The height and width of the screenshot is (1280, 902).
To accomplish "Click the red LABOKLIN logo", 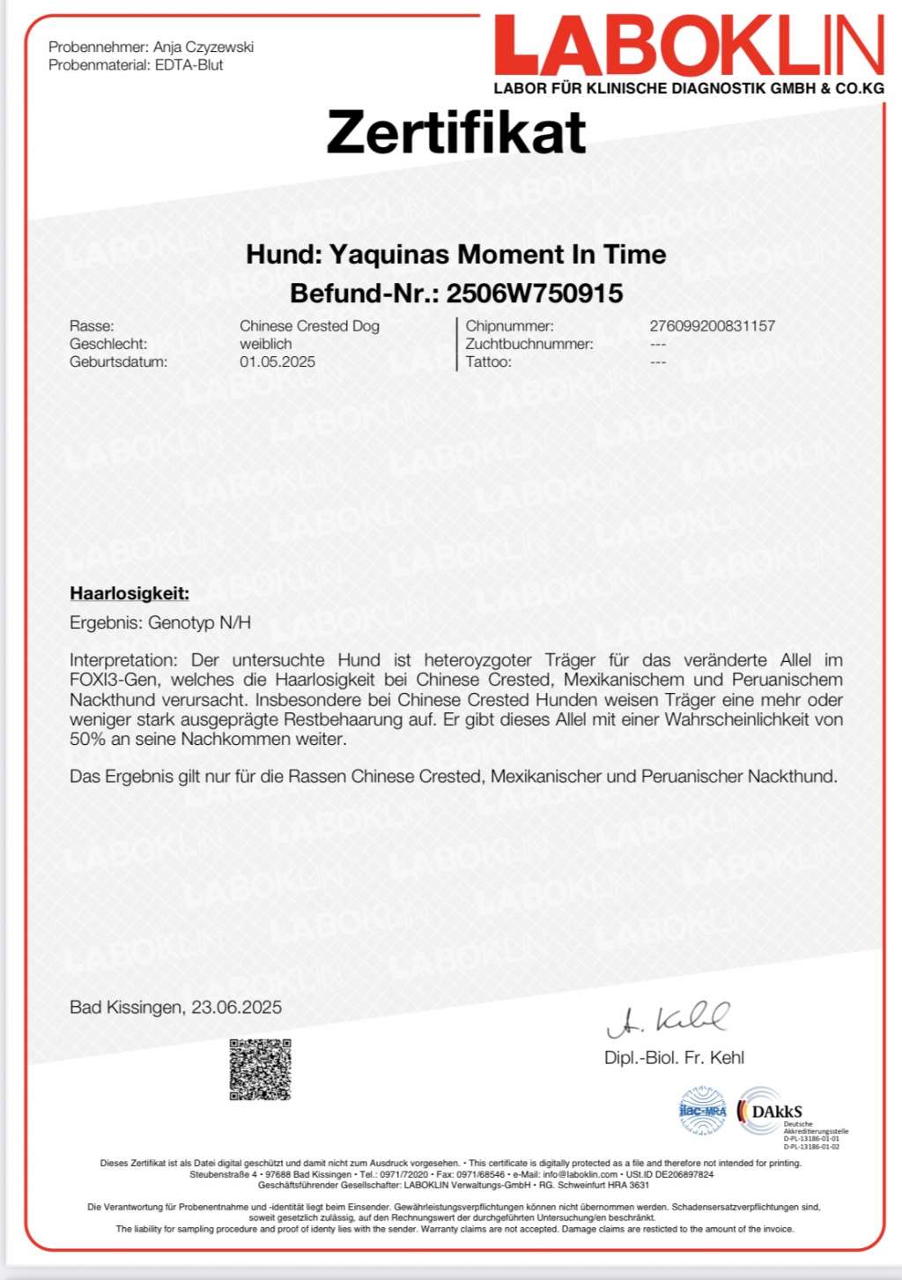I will [x=689, y=47].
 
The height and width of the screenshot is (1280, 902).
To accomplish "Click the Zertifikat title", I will [x=456, y=132].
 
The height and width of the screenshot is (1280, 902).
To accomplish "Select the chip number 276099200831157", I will [x=712, y=326].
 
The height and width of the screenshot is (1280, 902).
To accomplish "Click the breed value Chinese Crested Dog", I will [x=309, y=326].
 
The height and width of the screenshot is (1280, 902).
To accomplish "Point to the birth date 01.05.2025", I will [x=277, y=361].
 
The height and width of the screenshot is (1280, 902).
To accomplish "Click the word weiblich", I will [x=265, y=344].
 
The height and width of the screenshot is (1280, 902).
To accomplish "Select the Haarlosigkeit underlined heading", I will [x=129, y=593].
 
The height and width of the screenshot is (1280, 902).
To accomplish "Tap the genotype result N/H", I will [x=235, y=622].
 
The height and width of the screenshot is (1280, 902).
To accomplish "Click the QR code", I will [x=260, y=1069].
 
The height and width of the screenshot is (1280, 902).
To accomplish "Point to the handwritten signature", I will [x=668, y=1020].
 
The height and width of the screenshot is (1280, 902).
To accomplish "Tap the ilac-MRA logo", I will [x=702, y=1111].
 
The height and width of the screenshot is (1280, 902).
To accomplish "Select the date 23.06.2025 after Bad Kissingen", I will [x=237, y=1007].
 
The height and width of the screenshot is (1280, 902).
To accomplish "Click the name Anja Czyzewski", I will [x=203, y=47].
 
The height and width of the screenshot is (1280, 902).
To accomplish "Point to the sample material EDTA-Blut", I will [x=189, y=65].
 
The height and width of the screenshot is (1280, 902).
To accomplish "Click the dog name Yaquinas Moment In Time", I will [x=498, y=255].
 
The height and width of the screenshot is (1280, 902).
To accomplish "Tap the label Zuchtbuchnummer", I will [x=529, y=344].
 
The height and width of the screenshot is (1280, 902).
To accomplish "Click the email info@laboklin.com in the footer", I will [x=580, y=1174].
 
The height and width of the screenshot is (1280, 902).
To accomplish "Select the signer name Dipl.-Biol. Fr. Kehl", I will [x=674, y=1058].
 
